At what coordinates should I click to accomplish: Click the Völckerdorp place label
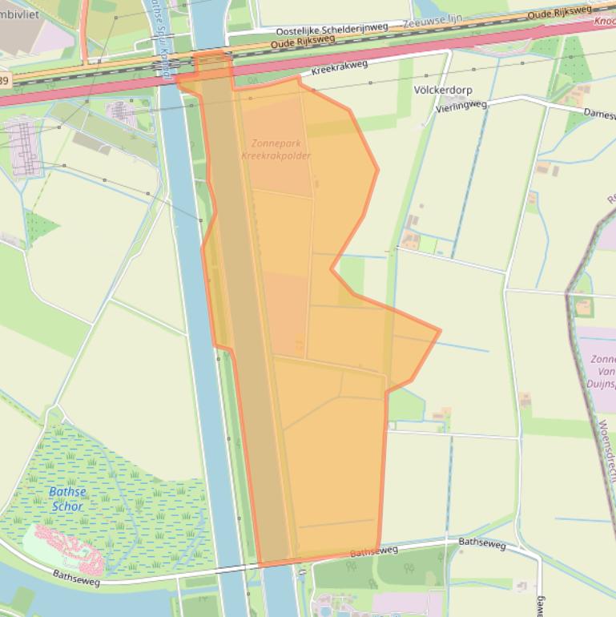click(x=443, y=90)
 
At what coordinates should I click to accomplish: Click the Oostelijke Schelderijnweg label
click(x=326, y=29)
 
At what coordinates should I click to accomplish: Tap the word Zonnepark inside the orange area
click(x=276, y=144)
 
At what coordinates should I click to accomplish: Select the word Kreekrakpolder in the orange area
click(x=276, y=155)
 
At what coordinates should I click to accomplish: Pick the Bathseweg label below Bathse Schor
click(x=77, y=577)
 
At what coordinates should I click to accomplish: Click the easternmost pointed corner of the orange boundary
click(x=440, y=329)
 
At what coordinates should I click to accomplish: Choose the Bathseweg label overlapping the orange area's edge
click(x=374, y=552)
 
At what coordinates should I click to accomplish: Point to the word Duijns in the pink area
click(x=601, y=383)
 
